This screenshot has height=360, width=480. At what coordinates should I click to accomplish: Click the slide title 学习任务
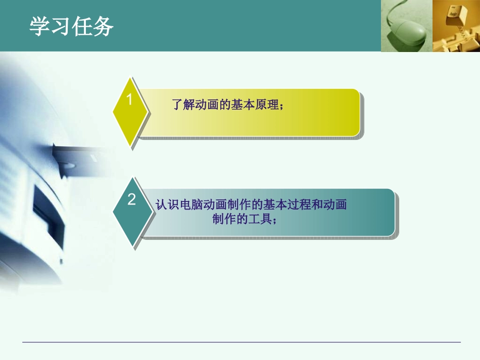71,26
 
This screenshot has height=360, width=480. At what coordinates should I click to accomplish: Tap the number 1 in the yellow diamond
129,100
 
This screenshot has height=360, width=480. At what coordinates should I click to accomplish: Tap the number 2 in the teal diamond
131,200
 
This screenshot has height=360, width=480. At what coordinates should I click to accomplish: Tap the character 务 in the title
103,26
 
